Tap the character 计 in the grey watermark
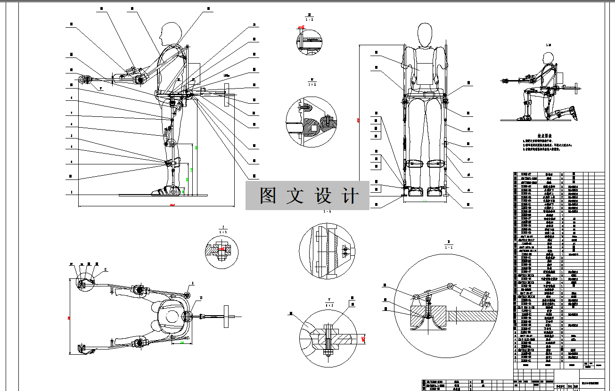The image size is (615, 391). point(350,195)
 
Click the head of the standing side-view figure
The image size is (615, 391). point(171,34)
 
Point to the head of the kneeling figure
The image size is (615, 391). point(548,58)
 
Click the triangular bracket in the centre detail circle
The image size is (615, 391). point(346,249)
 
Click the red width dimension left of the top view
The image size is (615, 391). point(70,318)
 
